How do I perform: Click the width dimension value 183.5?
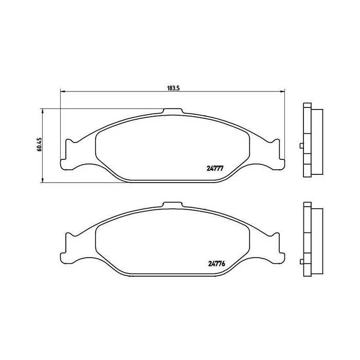172,88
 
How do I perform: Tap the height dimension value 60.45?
39,146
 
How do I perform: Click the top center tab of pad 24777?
172,112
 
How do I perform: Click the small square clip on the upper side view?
301,146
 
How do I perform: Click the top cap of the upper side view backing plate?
308,106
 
